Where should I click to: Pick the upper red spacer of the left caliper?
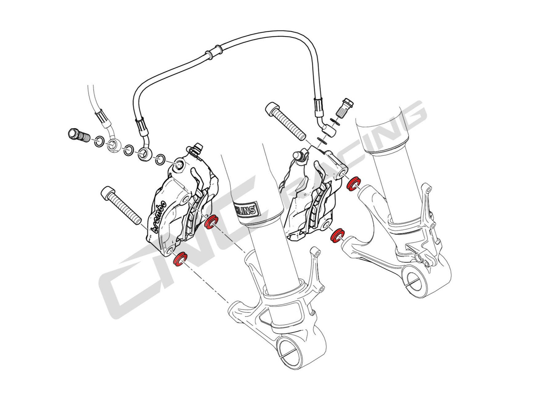(211, 222)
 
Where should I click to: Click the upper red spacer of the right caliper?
(353, 183)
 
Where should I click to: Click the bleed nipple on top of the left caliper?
(196, 149)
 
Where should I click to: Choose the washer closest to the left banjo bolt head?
(98, 141)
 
